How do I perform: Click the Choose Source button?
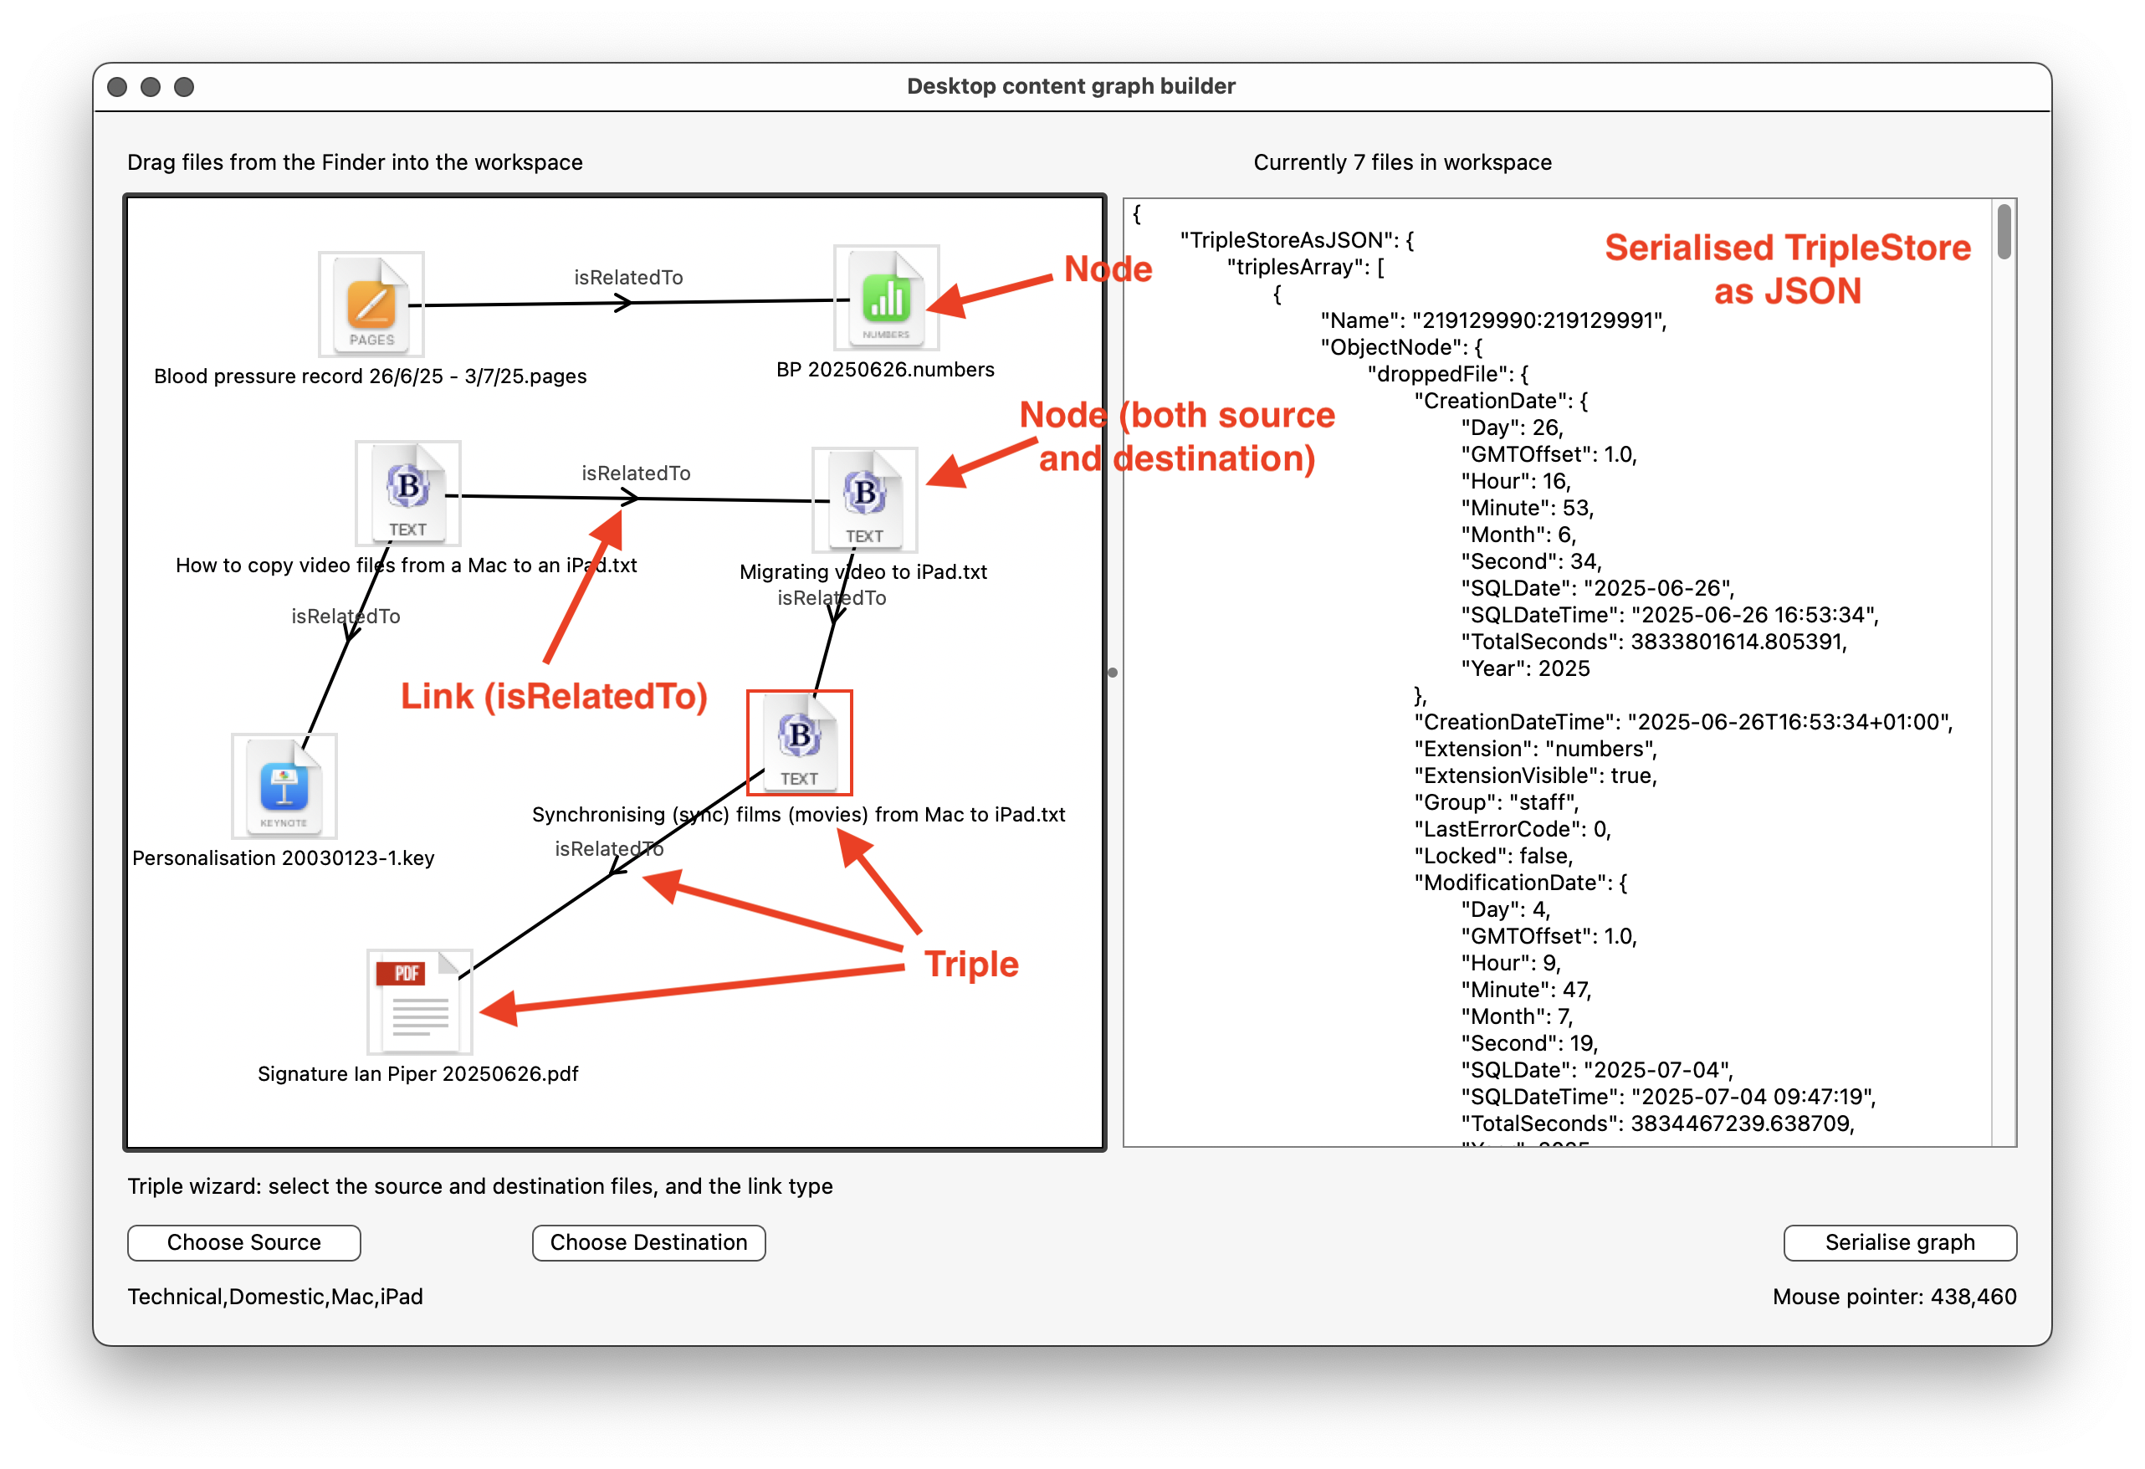243,1242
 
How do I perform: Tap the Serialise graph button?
1900,1242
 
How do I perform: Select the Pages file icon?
371,304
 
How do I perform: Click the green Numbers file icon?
886,297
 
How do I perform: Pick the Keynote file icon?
284,786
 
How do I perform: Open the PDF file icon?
420,1001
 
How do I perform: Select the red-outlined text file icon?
799,743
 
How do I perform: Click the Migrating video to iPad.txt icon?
865,499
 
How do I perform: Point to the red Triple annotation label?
972,964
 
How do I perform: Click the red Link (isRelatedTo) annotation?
554,696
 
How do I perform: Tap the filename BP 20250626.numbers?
885,369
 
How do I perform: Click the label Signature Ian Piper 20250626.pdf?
418,1073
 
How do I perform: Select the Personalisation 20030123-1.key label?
284,857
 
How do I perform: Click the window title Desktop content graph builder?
1071,86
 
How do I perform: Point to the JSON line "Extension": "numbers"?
1536,749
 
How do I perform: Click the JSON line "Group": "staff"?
1496,802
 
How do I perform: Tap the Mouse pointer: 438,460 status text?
1894,1297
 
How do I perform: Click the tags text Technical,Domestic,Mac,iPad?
275,1297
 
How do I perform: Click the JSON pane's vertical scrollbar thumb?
2004,232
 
